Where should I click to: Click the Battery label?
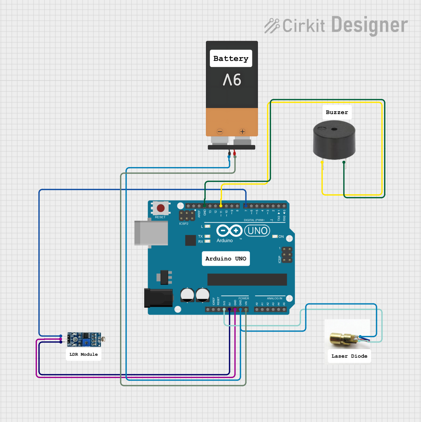click(231, 59)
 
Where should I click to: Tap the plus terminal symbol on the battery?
click(243, 131)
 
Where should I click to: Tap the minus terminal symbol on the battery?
click(220, 131)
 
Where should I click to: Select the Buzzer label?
click(337, 112)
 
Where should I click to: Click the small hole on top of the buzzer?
click(334, 129)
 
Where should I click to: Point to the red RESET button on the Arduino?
click(161, 208)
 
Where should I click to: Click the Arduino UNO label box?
click(226, 258)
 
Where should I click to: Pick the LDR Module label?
click(84, 354)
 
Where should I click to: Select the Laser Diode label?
click(349, 356)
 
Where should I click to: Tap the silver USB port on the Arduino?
click(151, 233)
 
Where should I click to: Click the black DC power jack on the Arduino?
click(158, 298)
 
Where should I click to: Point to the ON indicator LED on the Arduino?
click(275, 236)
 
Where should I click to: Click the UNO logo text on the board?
click(258, 231)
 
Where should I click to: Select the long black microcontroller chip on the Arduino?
click(247, 279)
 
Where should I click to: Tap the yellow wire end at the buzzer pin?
click(322, 163)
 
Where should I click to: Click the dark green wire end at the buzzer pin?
click(344, 163)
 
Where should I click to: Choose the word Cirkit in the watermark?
click(304, 25)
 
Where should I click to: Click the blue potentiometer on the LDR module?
click(86, 343)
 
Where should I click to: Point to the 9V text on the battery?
click(232, 80)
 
